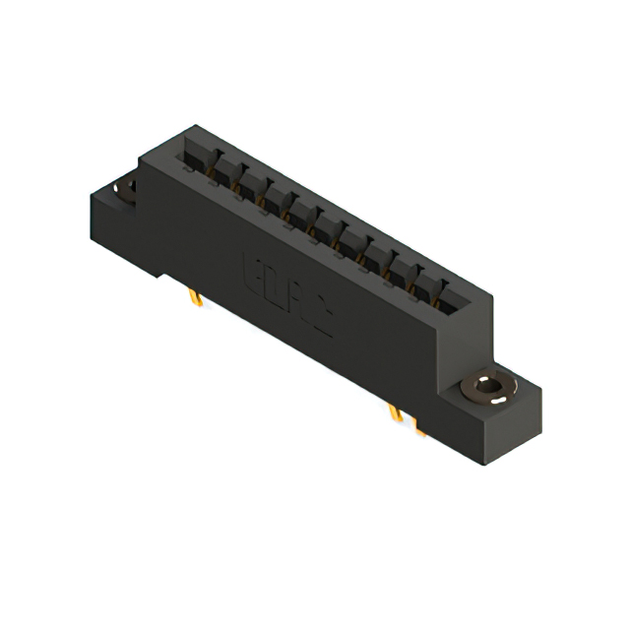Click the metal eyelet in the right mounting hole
point(488,387)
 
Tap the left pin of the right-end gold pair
point(396,412)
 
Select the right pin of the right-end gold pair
point(417,425)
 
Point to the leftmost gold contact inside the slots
point(210,174)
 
